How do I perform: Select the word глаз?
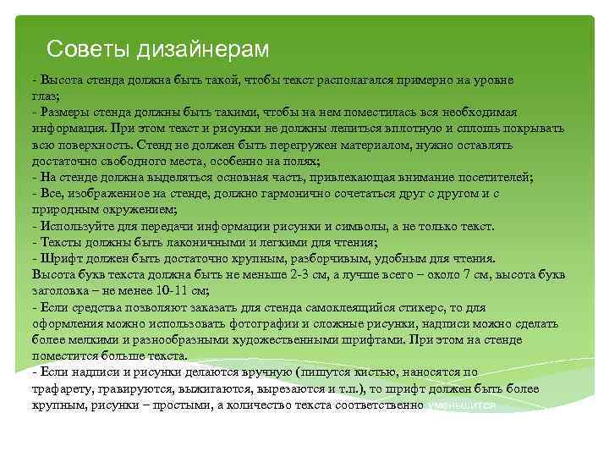pyautogui.click(x=46, y=96)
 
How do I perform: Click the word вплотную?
pyautogui.click(x=409, y=129)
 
